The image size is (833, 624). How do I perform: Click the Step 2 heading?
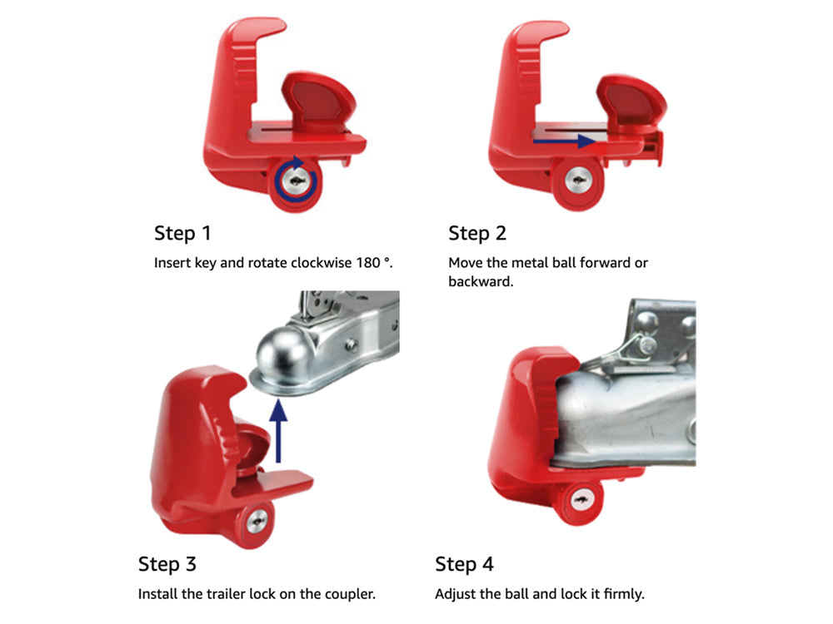pyautogui.click(x=477, y=233)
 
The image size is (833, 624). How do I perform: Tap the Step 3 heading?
pyautogui.click(x=167, y=564)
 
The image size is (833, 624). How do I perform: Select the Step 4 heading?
pyautogui.click(x=464, y=564)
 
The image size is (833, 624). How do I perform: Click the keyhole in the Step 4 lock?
pyautogui.click(x=576, y=500)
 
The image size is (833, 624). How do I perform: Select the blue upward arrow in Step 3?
pyautogui.click(x=281, y=428)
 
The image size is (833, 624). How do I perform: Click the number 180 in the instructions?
pyautogui.click(x=359, y=263)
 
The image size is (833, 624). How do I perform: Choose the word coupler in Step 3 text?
pyautogui.click(x=350, y=594)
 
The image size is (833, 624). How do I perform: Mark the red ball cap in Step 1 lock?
pyautogui.click(x=320, y=99)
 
